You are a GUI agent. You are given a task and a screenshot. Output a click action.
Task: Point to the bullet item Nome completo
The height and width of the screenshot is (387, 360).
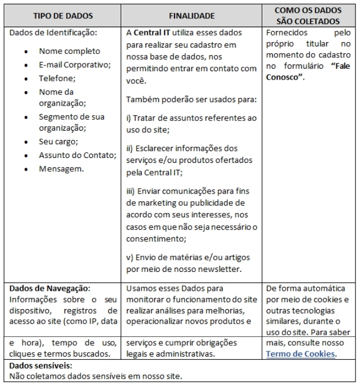point(70,51)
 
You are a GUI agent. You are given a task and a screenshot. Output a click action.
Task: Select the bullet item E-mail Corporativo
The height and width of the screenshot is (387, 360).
point(75,64)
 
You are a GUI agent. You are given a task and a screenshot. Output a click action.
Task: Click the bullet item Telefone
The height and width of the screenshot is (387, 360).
point(57,78)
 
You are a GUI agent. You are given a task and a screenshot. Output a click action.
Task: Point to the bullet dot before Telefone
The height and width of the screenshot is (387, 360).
point(27,79)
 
